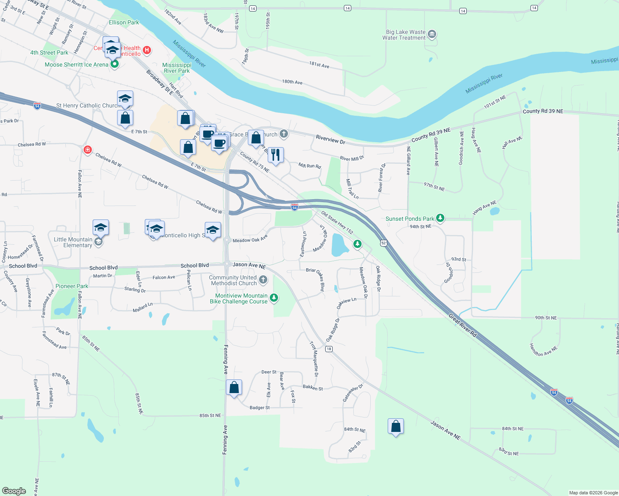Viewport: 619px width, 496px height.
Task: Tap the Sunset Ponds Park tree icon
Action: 440,218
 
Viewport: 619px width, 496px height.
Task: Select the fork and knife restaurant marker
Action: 276,155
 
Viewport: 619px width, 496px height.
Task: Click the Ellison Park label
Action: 124,22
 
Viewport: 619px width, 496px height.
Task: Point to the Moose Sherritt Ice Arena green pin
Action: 115,64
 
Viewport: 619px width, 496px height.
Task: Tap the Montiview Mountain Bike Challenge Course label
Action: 239,298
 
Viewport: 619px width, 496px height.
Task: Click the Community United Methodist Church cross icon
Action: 263,281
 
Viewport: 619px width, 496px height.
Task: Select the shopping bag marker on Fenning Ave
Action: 234,388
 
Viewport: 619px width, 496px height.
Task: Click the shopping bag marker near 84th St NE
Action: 396,426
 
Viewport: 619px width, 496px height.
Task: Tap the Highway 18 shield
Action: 329,349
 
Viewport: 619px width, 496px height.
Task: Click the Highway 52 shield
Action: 384,243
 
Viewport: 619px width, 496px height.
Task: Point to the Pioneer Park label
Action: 72,286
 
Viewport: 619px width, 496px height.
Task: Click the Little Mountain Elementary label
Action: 73,242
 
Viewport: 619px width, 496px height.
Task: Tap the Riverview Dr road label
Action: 330,139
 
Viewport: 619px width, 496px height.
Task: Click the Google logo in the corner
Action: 14,491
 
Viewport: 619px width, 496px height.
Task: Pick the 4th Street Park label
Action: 49,52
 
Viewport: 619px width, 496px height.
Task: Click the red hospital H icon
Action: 146,50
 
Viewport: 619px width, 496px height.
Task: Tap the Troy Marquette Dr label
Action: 314,358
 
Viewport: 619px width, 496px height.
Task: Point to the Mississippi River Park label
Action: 177,68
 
